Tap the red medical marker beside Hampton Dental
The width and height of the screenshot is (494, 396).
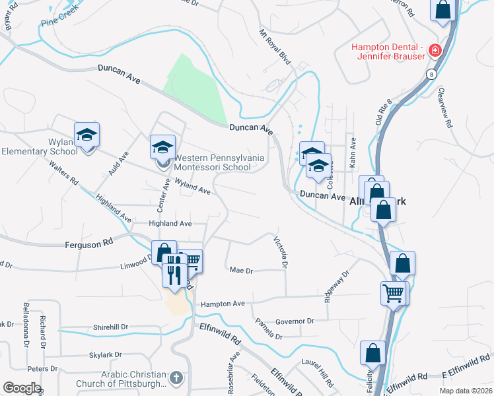pos(435,50)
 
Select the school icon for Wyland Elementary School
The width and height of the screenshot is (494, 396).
pos(87,135)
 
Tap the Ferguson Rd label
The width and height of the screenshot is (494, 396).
pos(89,244)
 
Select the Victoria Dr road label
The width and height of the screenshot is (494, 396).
pos(281,252)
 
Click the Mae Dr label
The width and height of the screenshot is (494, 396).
pos(241,271)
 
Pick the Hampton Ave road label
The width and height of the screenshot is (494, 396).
pos(223,304)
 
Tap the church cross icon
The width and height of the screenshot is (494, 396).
pos(175,378)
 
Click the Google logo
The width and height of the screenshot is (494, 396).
pos(22,388)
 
